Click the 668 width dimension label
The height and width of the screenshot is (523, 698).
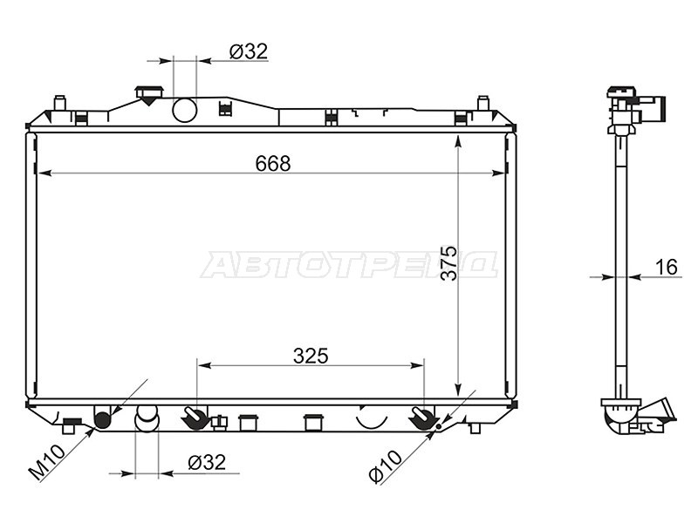click(273, 164)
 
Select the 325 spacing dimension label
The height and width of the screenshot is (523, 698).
click(311, 356)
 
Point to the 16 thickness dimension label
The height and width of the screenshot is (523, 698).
click(667, 268)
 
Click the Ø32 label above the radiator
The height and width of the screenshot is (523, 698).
click(249, 51)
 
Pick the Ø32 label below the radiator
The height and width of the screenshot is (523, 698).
click(207, 463)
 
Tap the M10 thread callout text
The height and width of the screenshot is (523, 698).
click(47, 463)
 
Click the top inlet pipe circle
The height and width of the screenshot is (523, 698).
click(185, 110)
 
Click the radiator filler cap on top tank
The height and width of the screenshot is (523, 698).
click(149, 95)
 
